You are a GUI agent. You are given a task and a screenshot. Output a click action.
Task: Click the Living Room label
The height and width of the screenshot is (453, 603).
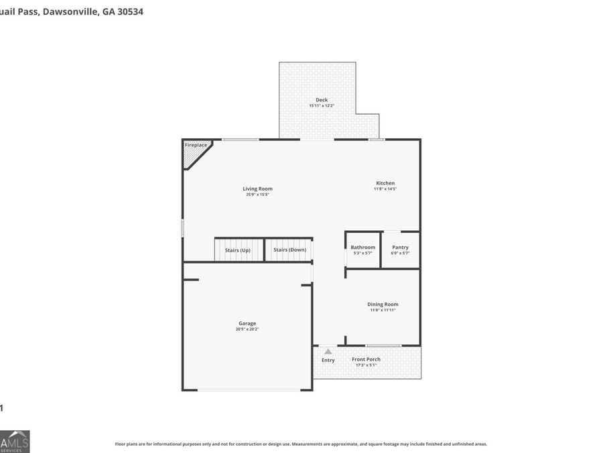click(x=257, y=189)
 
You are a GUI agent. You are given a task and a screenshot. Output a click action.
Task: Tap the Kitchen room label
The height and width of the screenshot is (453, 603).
click(x=385, y=183)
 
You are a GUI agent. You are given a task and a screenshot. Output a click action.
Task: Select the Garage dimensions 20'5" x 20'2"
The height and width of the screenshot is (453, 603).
click(x=247, y=329)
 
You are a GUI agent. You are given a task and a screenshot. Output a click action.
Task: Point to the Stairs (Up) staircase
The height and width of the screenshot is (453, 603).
click(x=238, y=250)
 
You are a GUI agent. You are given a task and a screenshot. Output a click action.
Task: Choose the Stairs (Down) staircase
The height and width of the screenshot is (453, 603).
click(x=289, y=250)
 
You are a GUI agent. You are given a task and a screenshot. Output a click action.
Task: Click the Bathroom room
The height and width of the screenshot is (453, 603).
click(x=362, y=250)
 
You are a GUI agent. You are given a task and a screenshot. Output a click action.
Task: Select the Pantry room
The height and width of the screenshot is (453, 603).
click(x=400, y=250)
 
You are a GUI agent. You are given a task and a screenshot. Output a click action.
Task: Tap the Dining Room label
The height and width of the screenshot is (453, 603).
click(x=383, y=304)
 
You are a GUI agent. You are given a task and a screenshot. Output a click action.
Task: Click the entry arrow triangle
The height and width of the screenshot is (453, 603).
click(x=328, y=351)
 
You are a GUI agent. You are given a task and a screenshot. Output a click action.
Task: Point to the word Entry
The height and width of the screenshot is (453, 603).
click(x=328, y=360)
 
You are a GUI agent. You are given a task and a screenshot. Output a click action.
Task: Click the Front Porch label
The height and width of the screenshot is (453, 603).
click(x=366, y=359)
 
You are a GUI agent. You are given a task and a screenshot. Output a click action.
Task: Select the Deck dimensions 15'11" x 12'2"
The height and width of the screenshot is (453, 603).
click(x=322, y=106)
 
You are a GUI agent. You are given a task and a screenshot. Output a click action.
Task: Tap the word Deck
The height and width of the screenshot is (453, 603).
click(x=322, y=100)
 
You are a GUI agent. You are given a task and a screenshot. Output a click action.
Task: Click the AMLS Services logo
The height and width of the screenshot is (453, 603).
click(x=15, y=441)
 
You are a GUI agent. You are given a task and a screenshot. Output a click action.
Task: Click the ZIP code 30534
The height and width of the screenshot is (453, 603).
click(x=129, y=11)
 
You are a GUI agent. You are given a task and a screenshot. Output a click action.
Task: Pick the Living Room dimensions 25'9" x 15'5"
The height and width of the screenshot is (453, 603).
click(x=257, y=195)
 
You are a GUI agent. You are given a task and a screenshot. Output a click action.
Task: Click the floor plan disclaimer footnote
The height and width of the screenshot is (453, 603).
click(x=301, y=444)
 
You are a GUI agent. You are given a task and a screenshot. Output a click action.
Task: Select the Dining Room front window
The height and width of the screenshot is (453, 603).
click(x=383, y=346)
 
